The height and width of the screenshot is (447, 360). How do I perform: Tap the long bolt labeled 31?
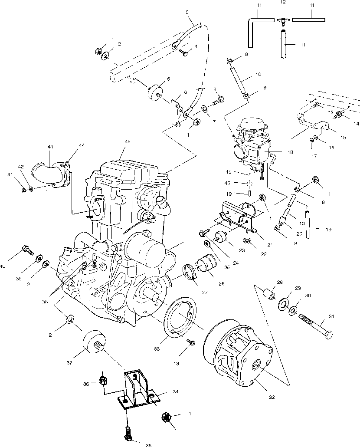coord(316,329)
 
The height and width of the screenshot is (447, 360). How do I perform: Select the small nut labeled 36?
coord(104,382)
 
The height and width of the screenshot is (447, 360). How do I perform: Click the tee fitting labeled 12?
coord(283,20)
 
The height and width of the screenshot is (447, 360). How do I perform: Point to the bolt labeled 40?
coord(27,250)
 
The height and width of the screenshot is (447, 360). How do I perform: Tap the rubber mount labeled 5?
coord(155,92)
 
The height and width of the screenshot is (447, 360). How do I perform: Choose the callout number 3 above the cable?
coord(187,12)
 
